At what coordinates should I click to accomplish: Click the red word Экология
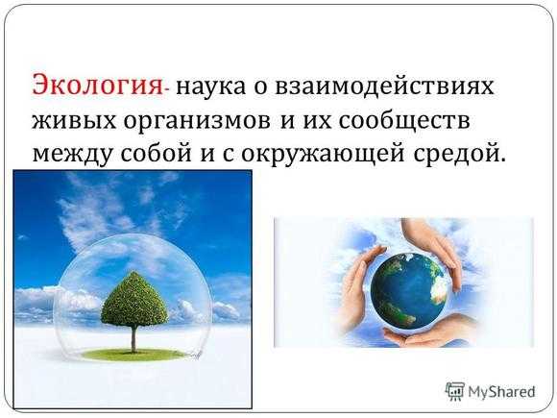97,86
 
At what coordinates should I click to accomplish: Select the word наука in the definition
210,87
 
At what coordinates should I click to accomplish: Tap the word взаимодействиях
384,86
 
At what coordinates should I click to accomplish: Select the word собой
156,152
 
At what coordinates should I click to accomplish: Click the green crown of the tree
134,299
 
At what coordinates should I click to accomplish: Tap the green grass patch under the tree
134,354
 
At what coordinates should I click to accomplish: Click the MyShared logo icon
454,391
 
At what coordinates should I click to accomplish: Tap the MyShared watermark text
501,392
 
